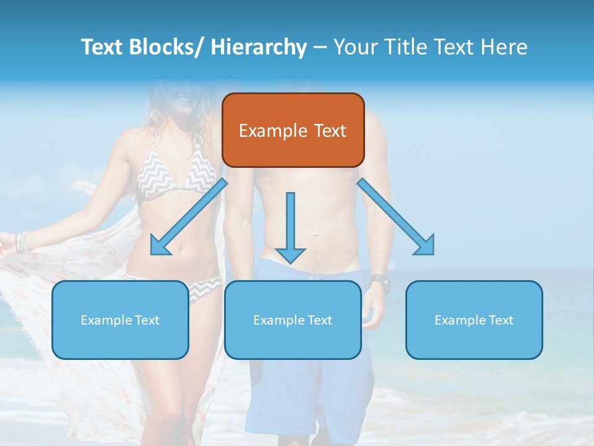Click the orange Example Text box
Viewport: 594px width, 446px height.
click(293, 130)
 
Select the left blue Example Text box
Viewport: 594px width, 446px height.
click(120, 320)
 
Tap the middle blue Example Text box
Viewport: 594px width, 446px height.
click(293, 320)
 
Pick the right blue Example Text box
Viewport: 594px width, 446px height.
click(474, 320)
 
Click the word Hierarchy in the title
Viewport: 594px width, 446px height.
click(259, 47)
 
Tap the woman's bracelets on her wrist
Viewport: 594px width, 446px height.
click(22, 242)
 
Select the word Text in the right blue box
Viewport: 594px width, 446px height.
click(501, 320)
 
